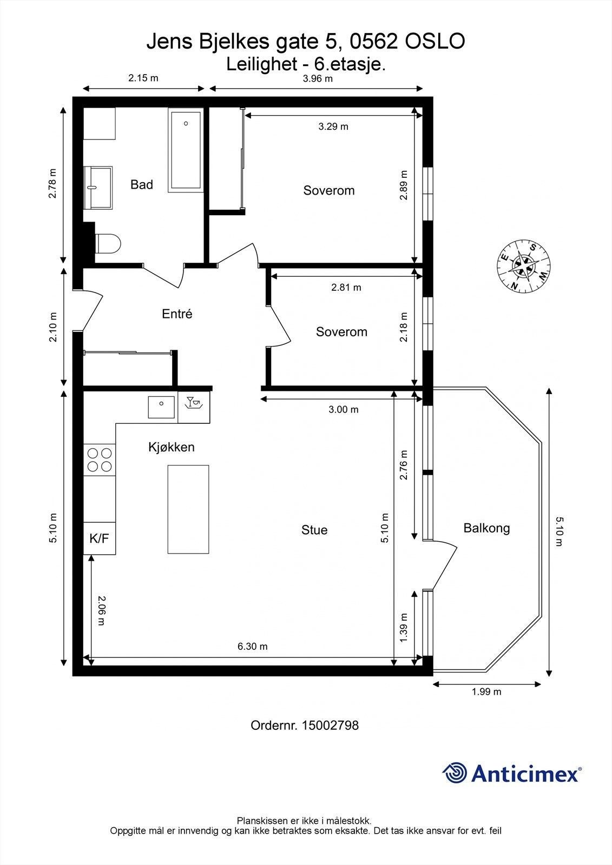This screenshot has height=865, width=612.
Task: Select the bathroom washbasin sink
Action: coord(98,188)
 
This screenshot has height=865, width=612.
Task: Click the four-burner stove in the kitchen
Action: coord(100,460)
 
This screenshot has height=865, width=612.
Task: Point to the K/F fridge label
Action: coord(100,538)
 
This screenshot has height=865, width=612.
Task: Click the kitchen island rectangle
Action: coord(188,509)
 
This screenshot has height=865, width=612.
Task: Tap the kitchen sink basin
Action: coord(161,407)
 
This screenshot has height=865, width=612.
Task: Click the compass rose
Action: coord(524,267)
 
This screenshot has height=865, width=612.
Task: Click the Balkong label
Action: coord(487,528)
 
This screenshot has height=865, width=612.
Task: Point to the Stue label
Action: coord(314,530)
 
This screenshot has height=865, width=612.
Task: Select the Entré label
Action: coord(177,314)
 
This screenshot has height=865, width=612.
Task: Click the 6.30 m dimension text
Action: coord(253,647)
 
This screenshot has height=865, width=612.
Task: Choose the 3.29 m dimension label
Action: coord(333,127)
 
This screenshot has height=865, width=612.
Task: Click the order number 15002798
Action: coord(330,725)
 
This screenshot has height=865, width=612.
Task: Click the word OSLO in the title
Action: coord(435,41)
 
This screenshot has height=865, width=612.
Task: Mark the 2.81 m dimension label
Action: coord(346,287)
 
